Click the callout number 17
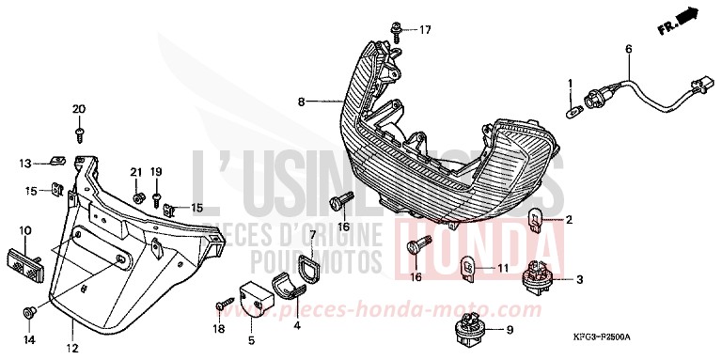(425, 30)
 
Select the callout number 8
(301, 101)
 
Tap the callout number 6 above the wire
(629, 48)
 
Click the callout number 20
(79, 108)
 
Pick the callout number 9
(509, 330)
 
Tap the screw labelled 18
(222, 306)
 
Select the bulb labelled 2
(539, 223)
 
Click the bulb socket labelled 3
(540, 277)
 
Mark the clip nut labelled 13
(56, 164)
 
